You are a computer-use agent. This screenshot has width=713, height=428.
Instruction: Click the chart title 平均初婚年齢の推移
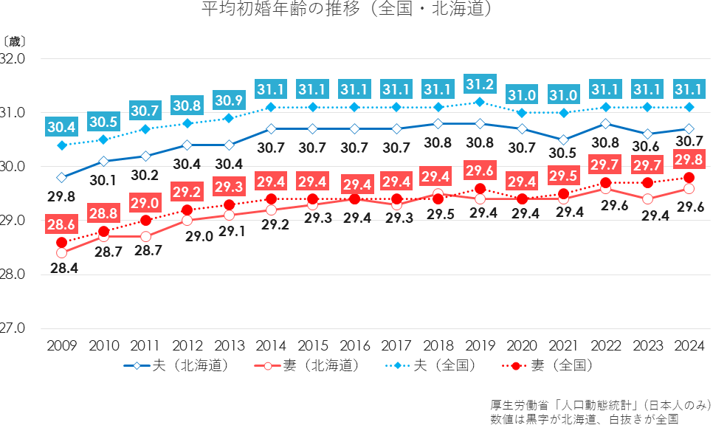(347, 11)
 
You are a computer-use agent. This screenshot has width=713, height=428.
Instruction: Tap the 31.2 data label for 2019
(480, 83)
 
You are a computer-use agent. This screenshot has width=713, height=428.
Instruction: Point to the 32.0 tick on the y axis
(13, 58)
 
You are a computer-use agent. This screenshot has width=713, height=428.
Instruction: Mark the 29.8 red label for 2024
(689, 159)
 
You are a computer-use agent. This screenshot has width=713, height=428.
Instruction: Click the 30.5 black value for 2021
(564, 153)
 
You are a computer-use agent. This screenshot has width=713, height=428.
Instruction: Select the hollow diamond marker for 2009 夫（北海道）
(62, 177)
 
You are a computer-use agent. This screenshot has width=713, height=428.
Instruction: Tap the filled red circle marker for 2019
(480, 189)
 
